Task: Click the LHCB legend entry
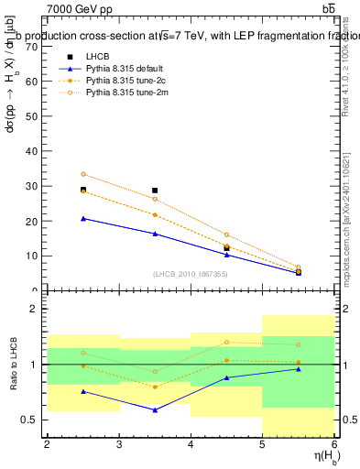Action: [96, 57]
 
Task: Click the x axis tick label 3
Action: [118, 444]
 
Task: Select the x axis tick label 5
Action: [263, 444]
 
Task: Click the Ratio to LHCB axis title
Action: [13, 365]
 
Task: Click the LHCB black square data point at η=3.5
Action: [155, 191]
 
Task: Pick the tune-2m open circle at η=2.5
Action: [83, 174]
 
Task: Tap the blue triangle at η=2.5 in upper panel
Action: [83, 218]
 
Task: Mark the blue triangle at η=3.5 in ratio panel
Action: [155, 409]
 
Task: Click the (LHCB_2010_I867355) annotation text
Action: [191, 274]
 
